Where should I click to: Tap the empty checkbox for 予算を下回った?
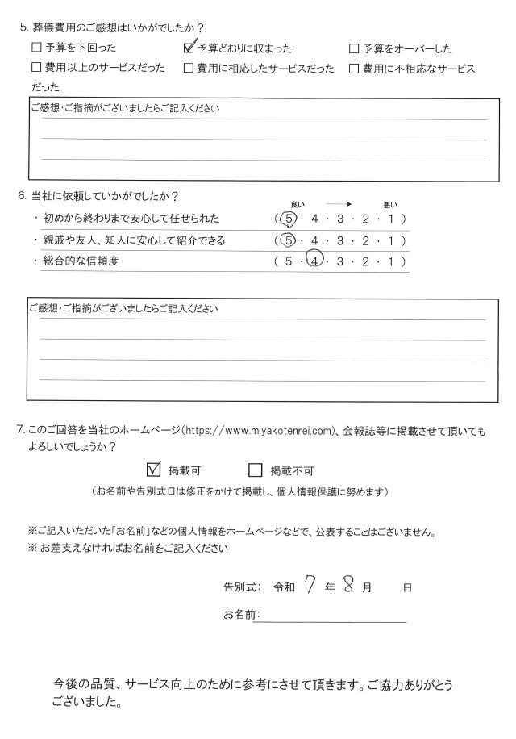click(x=35, y=49)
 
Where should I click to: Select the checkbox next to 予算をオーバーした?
click(x=353, y=49)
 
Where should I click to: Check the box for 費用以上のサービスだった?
click(x=35, y=69)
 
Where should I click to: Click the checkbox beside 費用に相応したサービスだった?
click(x=189, y=69)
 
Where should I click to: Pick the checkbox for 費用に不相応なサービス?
click(x=353, y=69)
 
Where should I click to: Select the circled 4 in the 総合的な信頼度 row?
click(x=316, y=260)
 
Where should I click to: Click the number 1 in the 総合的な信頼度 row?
click(x=391, y=261)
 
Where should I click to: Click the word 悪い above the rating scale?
click(x=391, y=203)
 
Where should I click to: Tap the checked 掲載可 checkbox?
click(x=155, y=470)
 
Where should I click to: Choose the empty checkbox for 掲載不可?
click(x=256, y=470)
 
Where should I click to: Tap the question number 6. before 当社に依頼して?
click(x=23, y=197)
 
